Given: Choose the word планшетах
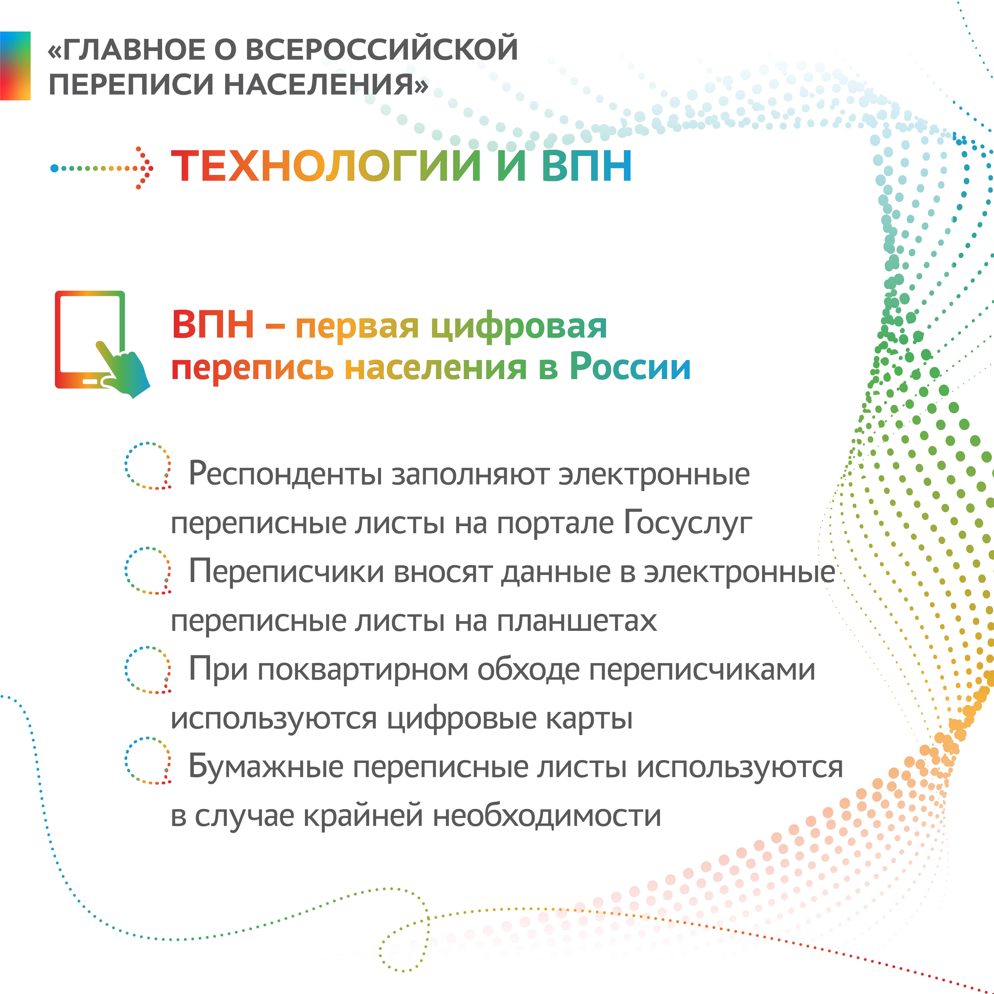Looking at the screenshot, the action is (577, 620).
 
